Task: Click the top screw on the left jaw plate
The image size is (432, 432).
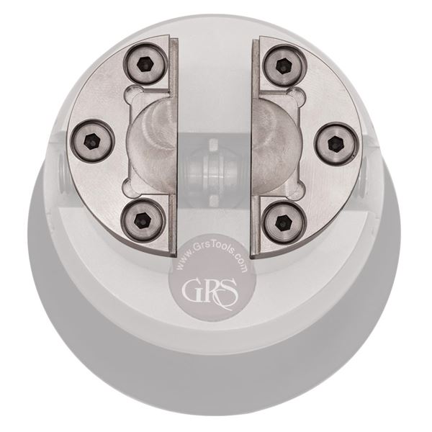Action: pos(145,64)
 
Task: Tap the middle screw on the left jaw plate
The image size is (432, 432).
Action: pos(94,140)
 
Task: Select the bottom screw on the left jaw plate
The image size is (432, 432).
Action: pos(143,220)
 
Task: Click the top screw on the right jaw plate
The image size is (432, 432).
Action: pos(284,65)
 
